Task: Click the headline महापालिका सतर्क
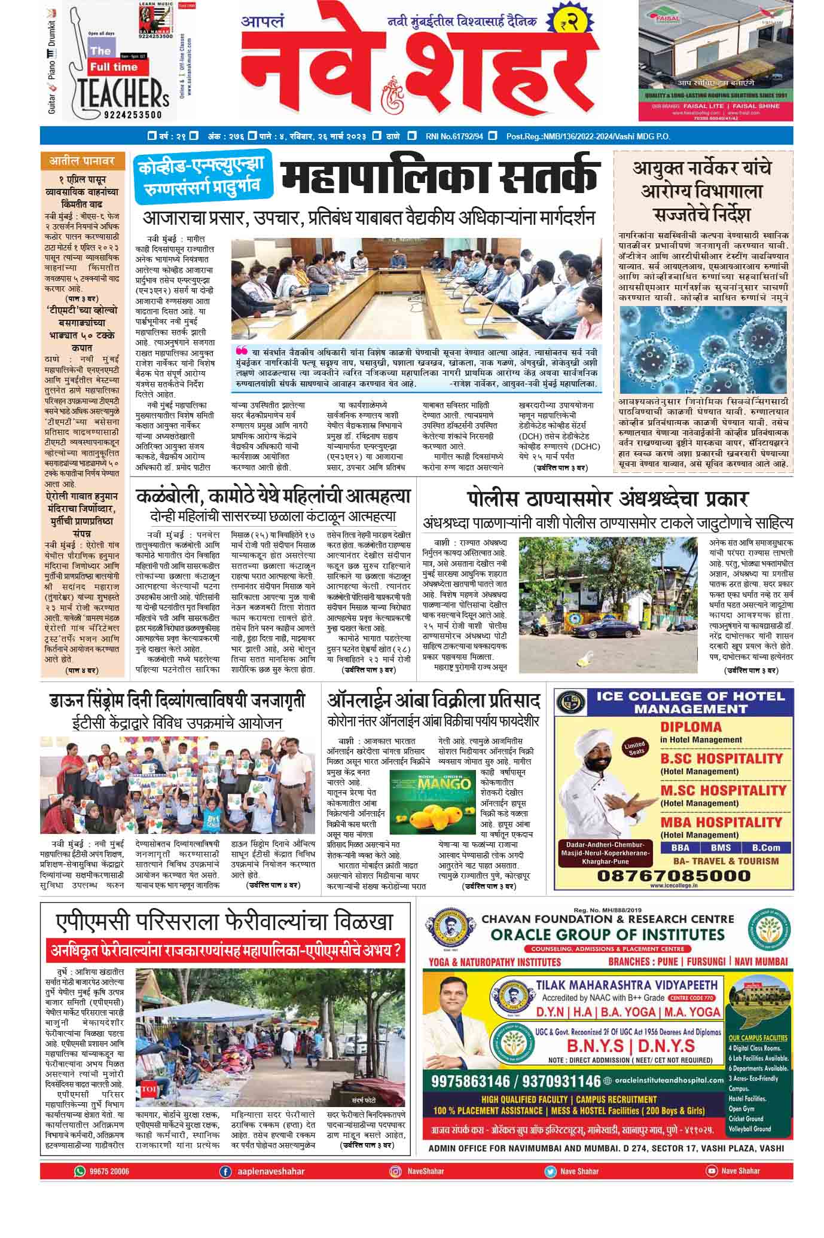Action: click(x=440, y=179)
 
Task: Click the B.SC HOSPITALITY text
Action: click(x=721, y=758)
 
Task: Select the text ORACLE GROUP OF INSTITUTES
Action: click(x=608, y=934)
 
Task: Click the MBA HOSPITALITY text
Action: click(x=721, y=822)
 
